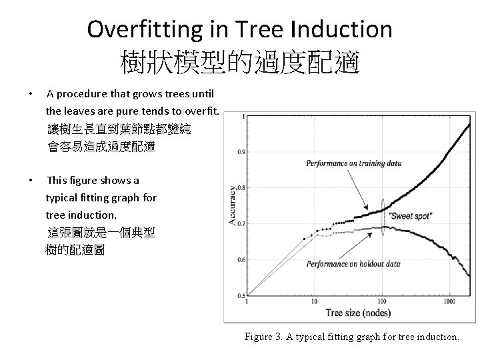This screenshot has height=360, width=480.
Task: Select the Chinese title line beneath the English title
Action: (x=240, y=63)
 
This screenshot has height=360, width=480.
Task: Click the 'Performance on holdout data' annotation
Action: (x=353, y=264)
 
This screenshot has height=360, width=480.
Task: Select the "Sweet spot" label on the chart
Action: (x=411, y=216)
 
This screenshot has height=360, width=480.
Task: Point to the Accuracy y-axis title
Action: (x=232, y=204)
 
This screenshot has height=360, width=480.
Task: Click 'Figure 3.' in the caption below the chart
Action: (x=265, y=337)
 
